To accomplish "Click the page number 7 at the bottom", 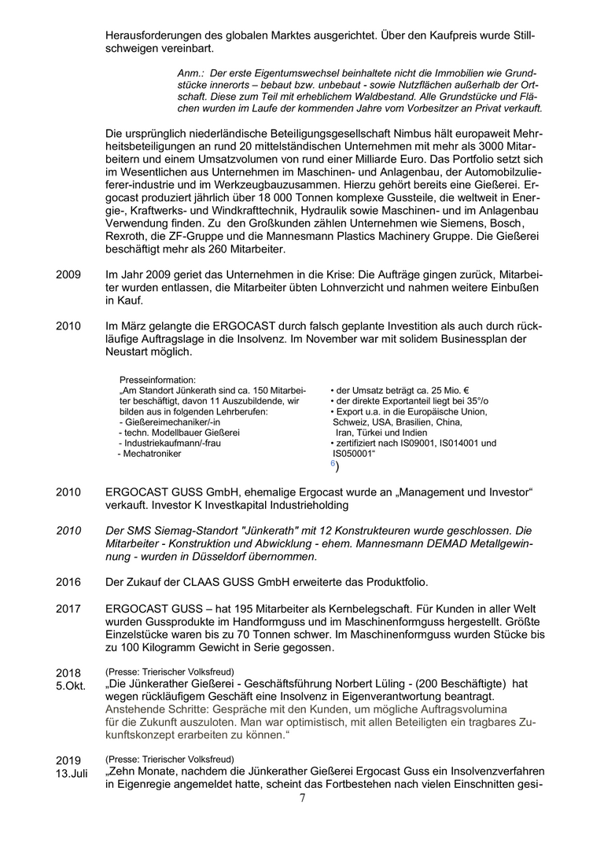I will click(x=302, y=798).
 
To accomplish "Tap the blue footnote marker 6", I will click(x=333, y=464).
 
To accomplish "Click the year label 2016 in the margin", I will click(x=68, y=582).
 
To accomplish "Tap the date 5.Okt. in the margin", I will click(x=71, y=687).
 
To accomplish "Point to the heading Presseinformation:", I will click(x=157, y=380).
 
